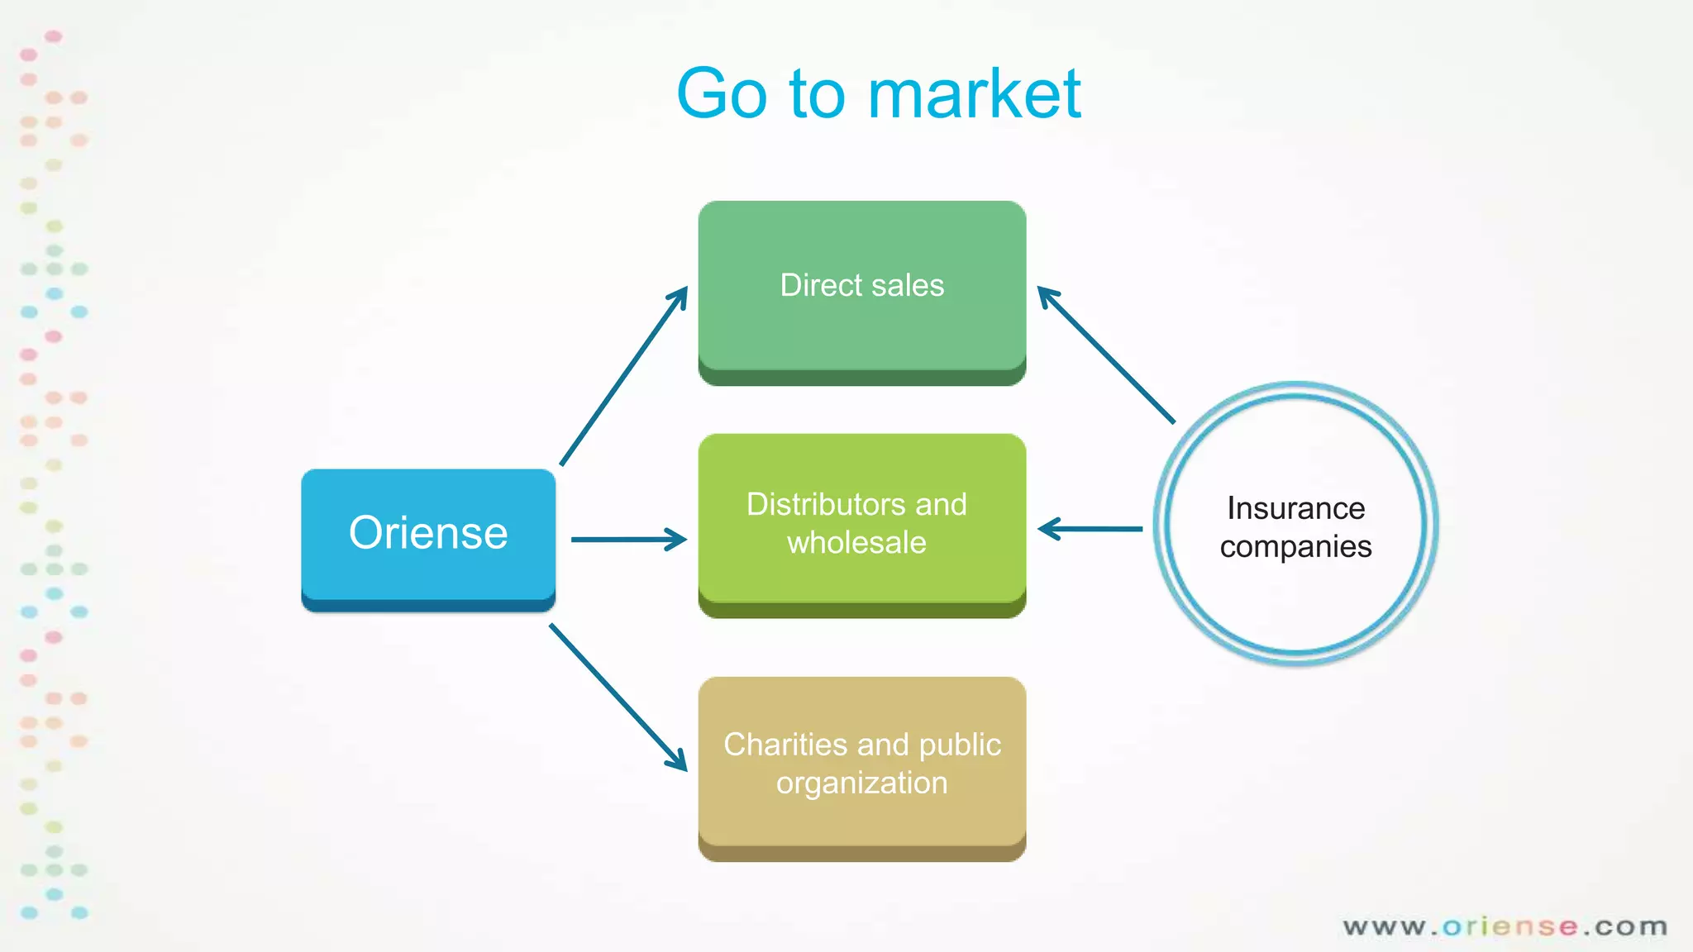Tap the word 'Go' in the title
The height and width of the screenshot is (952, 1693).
tap(722, 93)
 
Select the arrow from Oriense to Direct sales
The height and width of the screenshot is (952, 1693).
tap(624, 376)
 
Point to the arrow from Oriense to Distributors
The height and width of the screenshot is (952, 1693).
tap(628, 540)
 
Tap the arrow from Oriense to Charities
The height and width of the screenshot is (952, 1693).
tap(618, 697)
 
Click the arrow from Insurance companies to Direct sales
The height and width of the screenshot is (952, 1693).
tap(1105, 355)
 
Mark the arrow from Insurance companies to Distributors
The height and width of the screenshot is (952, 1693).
tap(1090, 529)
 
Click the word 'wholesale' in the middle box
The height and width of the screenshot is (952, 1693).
tap(856, 543)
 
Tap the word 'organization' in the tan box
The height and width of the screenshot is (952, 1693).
tap(861, 783)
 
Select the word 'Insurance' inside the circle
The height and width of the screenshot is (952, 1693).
tap(1295, 508)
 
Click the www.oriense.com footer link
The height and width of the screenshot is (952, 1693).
tap(1505, 926)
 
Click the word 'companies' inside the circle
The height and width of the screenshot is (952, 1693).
tap(1295, 547)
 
